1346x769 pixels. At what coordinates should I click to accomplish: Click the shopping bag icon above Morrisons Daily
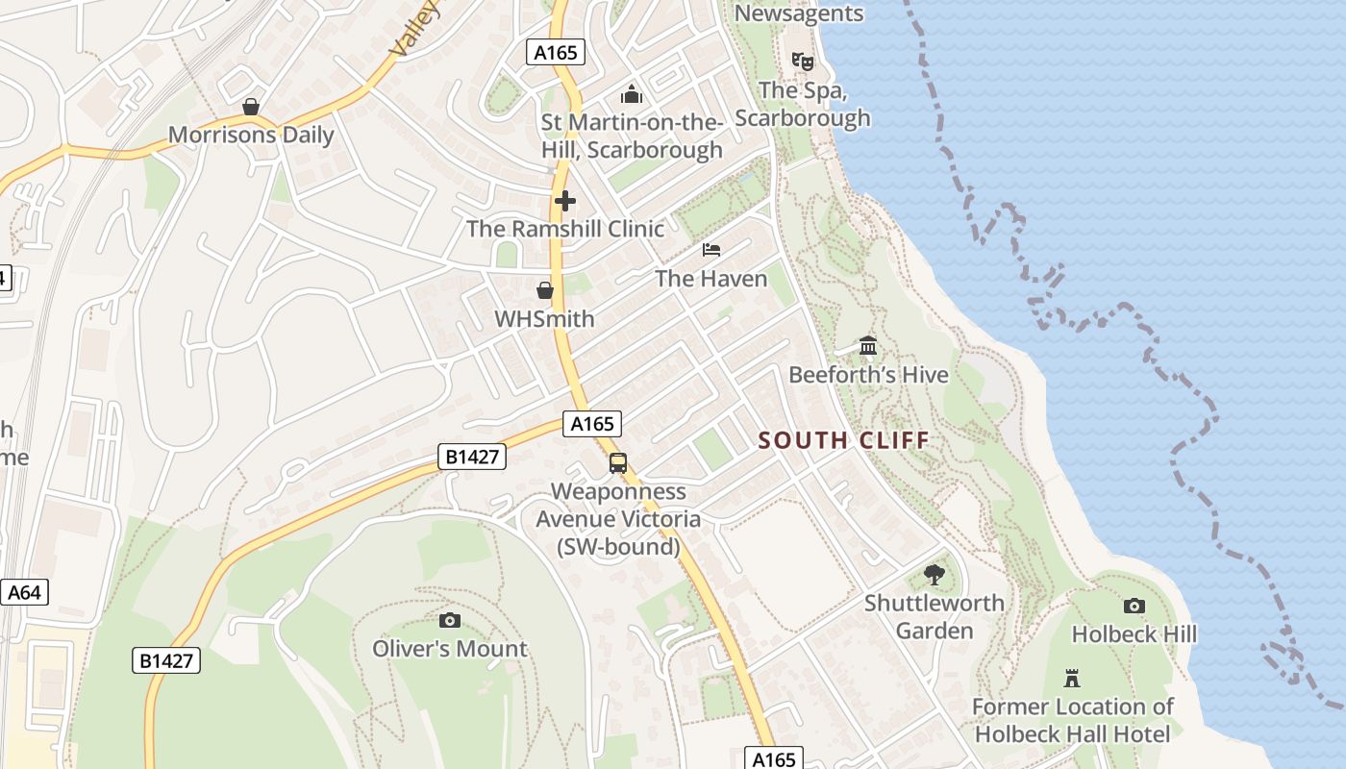click(251, 106)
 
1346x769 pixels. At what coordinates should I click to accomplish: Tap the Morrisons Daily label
click(251, 135)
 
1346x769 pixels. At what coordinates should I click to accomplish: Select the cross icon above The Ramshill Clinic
click(564, 201)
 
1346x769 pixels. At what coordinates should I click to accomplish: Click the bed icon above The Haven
click(711, 250)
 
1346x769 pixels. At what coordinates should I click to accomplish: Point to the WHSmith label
click(544, 318)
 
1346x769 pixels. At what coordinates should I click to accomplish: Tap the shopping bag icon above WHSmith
click(545, 289)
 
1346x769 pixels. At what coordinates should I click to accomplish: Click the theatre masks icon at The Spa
click(803, 62)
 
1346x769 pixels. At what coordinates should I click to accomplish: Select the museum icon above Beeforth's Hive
click(868, 345)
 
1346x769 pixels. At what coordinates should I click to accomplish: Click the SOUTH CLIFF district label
click(843, 440)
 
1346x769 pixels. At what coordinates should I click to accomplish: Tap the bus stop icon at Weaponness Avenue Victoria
click(618, 463)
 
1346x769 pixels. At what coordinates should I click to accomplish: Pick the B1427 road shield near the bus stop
click(472, 456)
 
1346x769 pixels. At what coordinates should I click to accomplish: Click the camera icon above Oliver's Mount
click(449, 620)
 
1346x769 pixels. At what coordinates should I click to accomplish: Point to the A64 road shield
click(23, 592)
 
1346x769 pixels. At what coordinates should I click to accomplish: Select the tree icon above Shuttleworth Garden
click(934, 575)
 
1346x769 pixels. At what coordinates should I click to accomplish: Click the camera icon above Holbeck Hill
click(1134, 606)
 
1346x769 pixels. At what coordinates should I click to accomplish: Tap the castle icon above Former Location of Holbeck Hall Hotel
click(1072, 678)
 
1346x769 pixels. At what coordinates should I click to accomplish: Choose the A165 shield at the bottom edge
click(774, 758)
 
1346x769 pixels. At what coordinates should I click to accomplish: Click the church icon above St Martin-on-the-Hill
click(631, 94)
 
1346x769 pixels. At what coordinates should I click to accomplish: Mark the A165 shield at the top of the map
click(556, 52)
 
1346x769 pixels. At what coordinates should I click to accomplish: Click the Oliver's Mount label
click(450, 649)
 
